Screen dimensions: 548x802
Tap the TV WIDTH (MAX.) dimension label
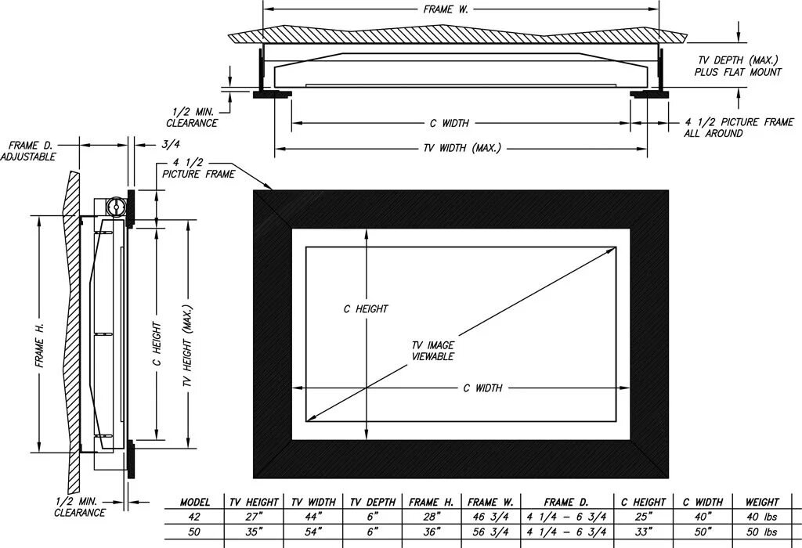point(462,148)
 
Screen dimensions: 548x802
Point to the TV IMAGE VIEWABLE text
point(433,351)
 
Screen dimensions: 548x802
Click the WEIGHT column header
point(762,502)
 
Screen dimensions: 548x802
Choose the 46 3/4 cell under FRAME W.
point(490,517)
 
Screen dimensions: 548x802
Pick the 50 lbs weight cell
point(762,532)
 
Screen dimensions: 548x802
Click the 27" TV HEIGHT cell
point(252,517)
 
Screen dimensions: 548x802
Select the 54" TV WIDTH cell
point(313,532)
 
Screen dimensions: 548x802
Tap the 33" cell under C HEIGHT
point(643,532)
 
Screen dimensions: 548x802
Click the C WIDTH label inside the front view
point(482,388)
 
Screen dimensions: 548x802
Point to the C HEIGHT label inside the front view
point(366,309)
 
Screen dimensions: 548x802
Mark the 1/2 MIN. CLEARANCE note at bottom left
point(80,507)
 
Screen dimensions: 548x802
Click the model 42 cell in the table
point(195,517)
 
